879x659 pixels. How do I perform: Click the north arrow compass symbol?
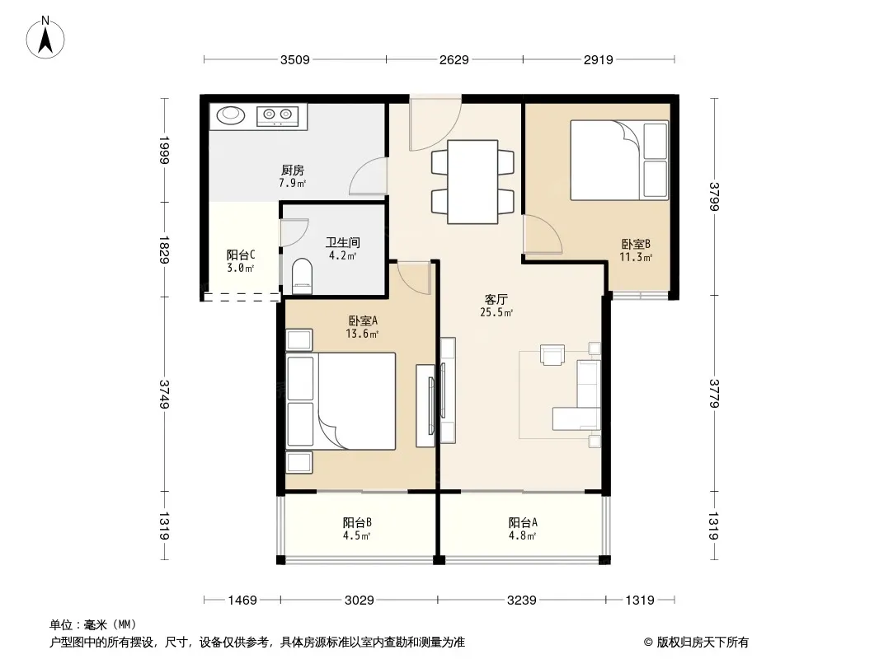(45, 38)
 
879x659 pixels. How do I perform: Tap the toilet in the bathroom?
(302, 275)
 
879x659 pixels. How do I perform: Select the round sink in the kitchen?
(231, 115)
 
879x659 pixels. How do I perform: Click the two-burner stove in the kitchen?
(278, 116)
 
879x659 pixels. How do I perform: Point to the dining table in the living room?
(472, 182)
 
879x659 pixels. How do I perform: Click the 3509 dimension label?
(295, 59)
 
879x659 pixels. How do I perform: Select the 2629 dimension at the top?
(454, 59)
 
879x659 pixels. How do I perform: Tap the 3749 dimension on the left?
(164, 394)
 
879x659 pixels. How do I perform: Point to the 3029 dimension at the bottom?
(360, 601)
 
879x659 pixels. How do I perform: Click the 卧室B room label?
(636, 244)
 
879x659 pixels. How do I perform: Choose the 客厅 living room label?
(496, 299)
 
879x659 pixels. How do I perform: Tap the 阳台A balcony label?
(523, 522)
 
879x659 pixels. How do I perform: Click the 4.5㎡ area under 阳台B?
(357, 535)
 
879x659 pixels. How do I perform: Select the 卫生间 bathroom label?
(342, 242)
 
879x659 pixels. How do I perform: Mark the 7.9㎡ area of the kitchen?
(293, 183)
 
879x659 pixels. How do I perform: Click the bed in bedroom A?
(341, 401)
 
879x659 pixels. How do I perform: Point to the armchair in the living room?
(552, 355)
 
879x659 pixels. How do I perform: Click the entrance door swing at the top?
(435, 124)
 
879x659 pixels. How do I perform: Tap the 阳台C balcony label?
(241, 255)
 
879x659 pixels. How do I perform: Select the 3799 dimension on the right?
(713, 197)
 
